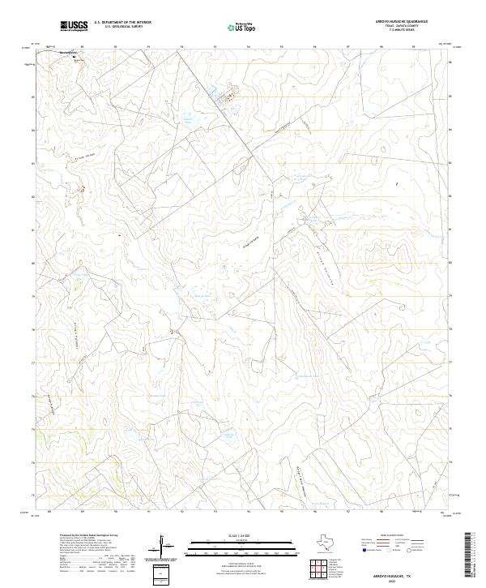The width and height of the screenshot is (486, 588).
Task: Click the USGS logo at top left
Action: click(75, 26)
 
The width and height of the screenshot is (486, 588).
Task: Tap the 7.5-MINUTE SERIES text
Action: click(402, 31)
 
